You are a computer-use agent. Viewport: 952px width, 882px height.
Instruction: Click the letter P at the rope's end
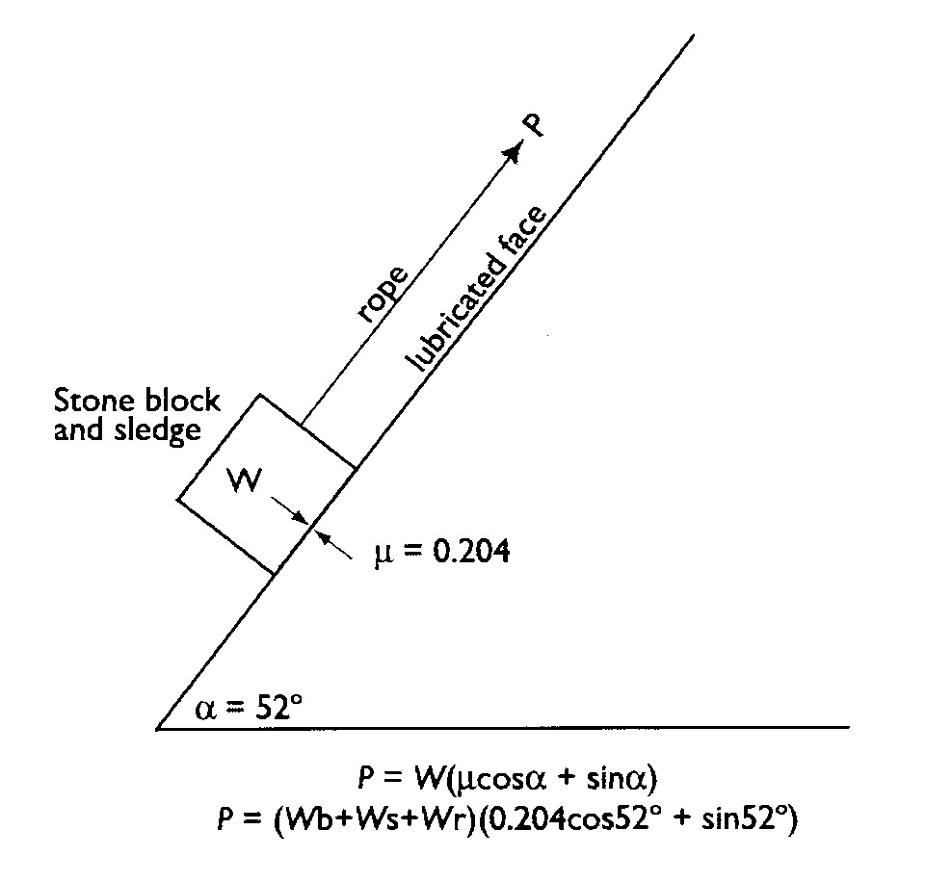click(533, 124)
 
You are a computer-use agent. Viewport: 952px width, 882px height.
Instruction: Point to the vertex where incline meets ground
click(158, 728)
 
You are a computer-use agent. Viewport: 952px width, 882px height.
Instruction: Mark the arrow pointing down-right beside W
click(286, 508)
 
